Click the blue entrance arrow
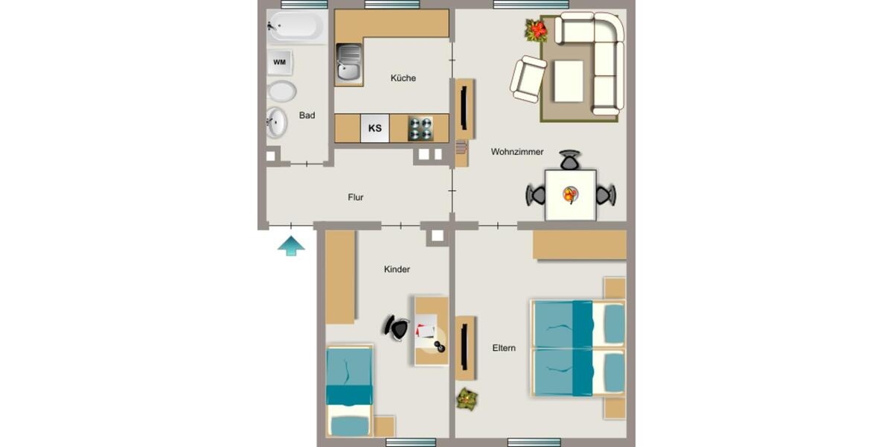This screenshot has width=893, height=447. click(292, 246)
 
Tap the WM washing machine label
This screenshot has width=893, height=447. click(280, 62)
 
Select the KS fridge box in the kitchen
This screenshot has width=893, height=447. click(375, 128)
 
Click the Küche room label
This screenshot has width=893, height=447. click(403, 78)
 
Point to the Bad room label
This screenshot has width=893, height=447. click(307, 115)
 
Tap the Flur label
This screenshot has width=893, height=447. click(356, 197)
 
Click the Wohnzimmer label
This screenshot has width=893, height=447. click(517, 152)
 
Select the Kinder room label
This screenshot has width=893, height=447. click(397, 270)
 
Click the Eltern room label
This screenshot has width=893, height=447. click(504, 348)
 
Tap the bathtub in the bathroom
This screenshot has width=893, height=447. click(295, 28)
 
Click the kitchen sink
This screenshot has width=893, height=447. click(348, 62)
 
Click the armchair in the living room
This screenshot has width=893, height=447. click(528, 79)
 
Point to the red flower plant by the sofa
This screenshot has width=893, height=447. click(536, 31)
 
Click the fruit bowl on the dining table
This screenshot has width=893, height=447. click(570, 195)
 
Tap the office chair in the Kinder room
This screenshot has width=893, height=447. click(397, 328)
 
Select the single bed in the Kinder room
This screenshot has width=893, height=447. click(349, 390)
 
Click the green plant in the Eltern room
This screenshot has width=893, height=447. click(467, 399)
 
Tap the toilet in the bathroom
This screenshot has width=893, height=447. click(281, 92)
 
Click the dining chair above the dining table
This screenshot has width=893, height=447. click(570, 160)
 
